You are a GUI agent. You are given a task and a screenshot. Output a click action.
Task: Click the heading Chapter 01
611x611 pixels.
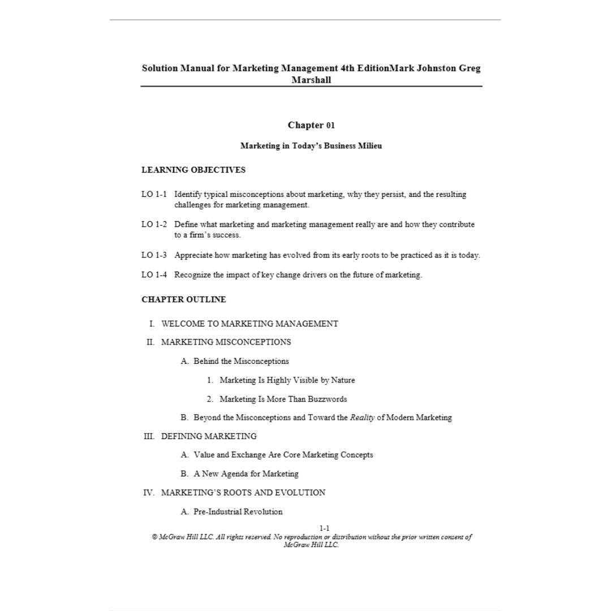311,125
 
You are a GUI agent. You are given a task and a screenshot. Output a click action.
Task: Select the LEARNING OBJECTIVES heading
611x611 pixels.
193,170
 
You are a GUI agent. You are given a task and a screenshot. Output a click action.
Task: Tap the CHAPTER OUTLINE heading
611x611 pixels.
183,299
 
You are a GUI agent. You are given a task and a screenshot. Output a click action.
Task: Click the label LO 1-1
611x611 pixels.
154,195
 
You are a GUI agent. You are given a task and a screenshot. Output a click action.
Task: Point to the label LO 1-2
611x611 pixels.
154,225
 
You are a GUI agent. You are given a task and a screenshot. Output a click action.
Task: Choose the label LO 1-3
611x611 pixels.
154,255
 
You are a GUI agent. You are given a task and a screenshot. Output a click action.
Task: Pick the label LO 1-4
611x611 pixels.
154,275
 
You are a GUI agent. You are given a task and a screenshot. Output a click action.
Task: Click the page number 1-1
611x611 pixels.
324,528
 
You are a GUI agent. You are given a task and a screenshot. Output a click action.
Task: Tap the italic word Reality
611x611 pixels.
362,418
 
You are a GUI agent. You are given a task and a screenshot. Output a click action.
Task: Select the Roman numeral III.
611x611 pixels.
149,436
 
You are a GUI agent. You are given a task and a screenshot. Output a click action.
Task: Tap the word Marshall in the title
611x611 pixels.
311,80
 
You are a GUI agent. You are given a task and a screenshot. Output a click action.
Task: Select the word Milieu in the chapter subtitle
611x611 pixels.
369,146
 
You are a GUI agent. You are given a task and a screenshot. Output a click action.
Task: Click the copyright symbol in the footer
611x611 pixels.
154,537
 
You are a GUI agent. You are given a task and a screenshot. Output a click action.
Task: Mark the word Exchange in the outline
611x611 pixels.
249,455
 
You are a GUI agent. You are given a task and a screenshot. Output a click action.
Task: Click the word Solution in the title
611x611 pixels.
160,68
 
